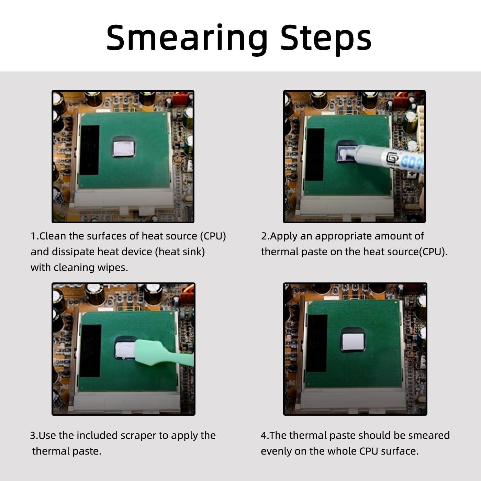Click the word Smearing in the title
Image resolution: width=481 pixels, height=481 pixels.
click(187, 39)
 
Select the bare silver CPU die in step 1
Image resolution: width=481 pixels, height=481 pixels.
click(123, 149)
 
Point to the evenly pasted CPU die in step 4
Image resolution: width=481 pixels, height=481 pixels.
click(353, 342)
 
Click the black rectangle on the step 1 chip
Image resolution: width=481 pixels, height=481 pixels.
click(89, 150)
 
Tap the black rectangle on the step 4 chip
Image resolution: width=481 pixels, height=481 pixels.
click(317, 343)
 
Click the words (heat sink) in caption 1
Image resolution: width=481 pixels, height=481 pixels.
click(180, 252)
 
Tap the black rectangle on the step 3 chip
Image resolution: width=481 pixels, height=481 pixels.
click(91, 350)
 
